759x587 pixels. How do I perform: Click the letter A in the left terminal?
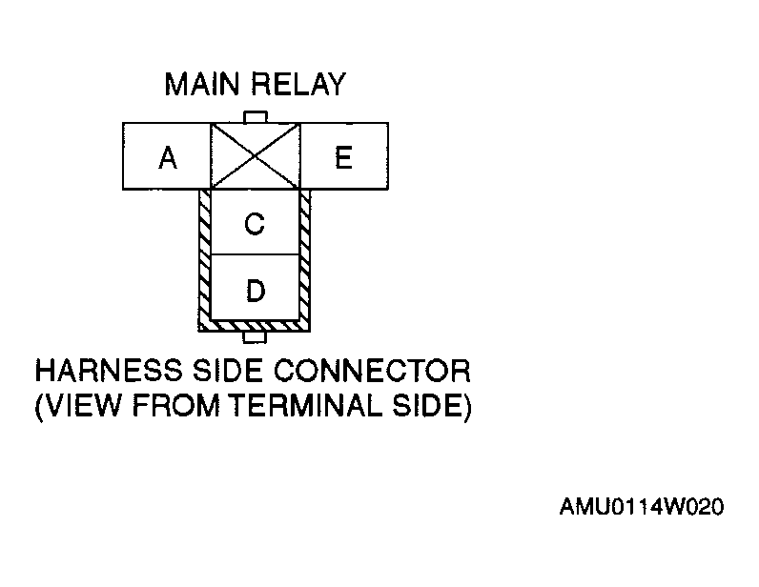pyautogui.click(x=168, y=158)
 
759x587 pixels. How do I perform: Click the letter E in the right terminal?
pyautogui.click(x=343, y=157)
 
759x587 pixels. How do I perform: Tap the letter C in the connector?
pyautogui.click(x=255, y=225)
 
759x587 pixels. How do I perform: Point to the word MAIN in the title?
pyautogui.click(x=204, y=85)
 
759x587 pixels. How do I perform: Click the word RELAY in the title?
pyautogui.click(x=297, y=85)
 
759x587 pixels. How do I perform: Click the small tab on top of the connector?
pyautogui.click(x=255, y=117)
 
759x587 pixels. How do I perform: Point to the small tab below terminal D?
pyautogui.click(x=255, y=336)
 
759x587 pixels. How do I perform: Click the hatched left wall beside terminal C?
pyautogui.click(x=204, y=225)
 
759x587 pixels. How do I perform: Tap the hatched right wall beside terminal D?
pyautogui.click(x=306, y=289)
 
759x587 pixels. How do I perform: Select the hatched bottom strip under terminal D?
pyautogui.click(x=255, y=325)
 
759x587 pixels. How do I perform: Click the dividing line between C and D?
pyautogui.click(x=255, y=254)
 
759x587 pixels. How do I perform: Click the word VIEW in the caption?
pyautogui.click(x=77, y=407)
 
